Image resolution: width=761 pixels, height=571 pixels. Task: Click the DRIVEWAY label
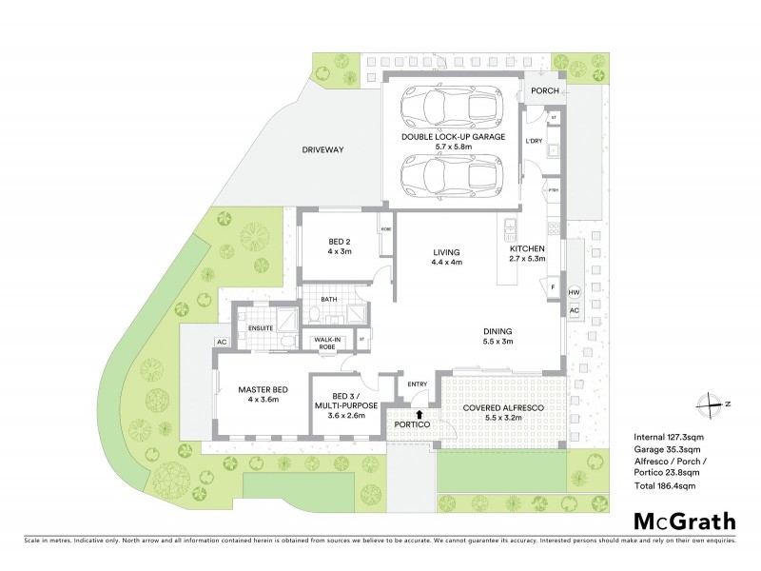click(322, 150)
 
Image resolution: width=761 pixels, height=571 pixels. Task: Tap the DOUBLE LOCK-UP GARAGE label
click(452, 137)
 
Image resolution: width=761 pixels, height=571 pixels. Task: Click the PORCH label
click(545, 91)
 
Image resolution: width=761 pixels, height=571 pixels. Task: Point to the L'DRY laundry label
click(535, 142)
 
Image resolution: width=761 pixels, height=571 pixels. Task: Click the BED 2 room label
click(340, 245)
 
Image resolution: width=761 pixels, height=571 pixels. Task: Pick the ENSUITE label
click(261, 328)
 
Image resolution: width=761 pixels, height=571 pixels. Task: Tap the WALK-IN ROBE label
click(327, 343)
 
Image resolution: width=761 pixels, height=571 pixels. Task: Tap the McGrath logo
click(684, 521)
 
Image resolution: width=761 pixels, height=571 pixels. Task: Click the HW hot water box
click(574, 292)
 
